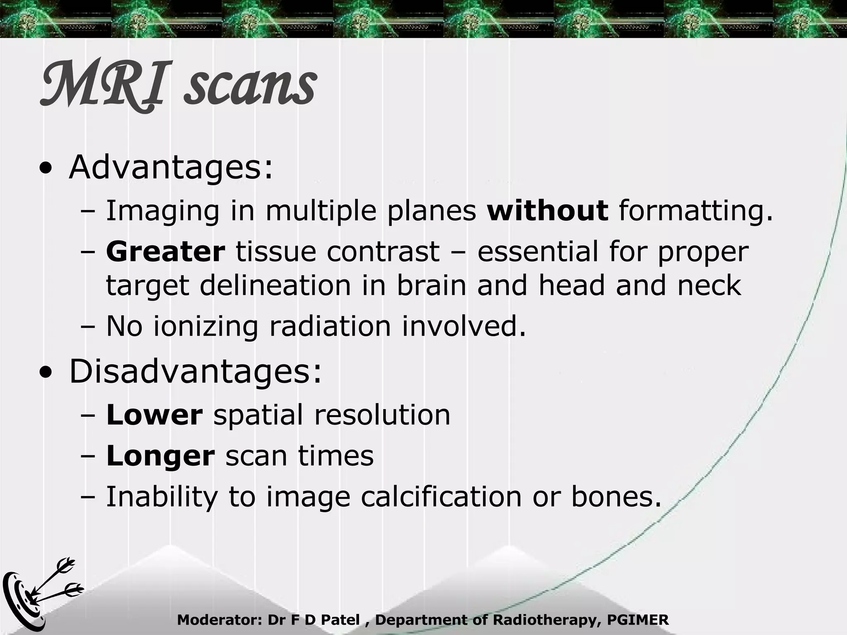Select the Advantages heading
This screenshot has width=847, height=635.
tap(171, 168)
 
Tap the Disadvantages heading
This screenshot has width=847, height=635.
tap(195, 372)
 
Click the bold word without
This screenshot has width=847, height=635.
tap(548, 210)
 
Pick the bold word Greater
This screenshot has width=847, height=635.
tap(165, 252)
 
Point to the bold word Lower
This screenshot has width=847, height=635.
tap(154, 415)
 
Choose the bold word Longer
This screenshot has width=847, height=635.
tap(160, 456)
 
